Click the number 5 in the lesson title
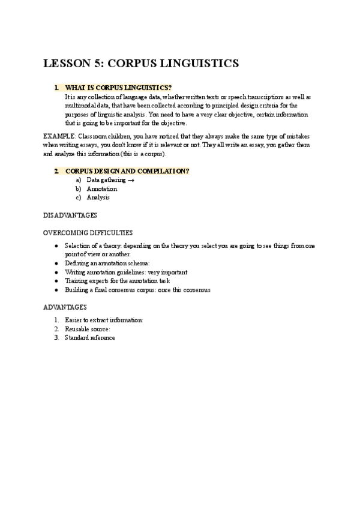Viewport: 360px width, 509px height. tap(96, 63)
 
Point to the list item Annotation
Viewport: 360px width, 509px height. tap(102, 188)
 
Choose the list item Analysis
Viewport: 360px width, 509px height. tap(98, 197)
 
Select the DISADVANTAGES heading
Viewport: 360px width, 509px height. tap(70, 215)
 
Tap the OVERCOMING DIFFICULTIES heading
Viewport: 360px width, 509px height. tap(88, 232)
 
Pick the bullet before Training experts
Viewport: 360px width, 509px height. tap(56, 281)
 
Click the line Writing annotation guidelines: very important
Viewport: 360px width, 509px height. tap(126, 272)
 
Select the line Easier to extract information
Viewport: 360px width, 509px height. tap(104, 321)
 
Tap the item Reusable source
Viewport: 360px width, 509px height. tap(88, 329)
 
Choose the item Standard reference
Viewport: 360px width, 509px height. tap(90, 337)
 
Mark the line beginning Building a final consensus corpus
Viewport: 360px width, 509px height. tap(137, 289)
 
